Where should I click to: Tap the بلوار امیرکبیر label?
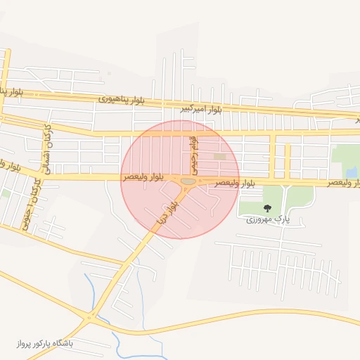(x=201, y=109)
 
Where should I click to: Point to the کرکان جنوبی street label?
(x=32, y=200)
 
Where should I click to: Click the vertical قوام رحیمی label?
(x=195, y=156)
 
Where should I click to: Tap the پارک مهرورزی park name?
(x=268, y=219)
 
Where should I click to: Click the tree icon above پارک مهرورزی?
(x=267, y=208)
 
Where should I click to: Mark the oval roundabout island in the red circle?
(x=188, y=182)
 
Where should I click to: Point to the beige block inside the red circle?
(x=220, y=157)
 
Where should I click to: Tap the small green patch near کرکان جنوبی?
(x=6, y=192)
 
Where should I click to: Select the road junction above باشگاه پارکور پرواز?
(x=89, y=318)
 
